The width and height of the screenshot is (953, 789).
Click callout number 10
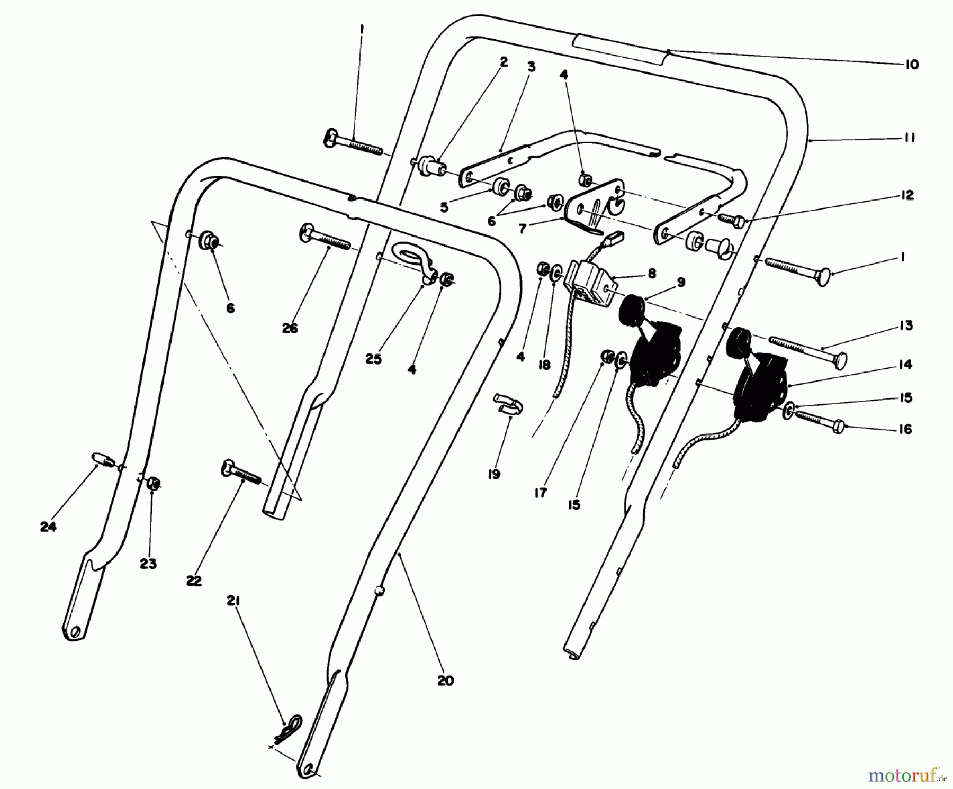(911, 65)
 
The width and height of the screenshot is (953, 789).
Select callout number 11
(910, 138)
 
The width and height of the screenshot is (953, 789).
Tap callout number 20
(445, 681)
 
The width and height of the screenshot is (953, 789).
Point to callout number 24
(48, 527)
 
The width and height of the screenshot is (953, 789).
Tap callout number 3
(531, 67)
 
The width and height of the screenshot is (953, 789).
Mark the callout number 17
(540, 493)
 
